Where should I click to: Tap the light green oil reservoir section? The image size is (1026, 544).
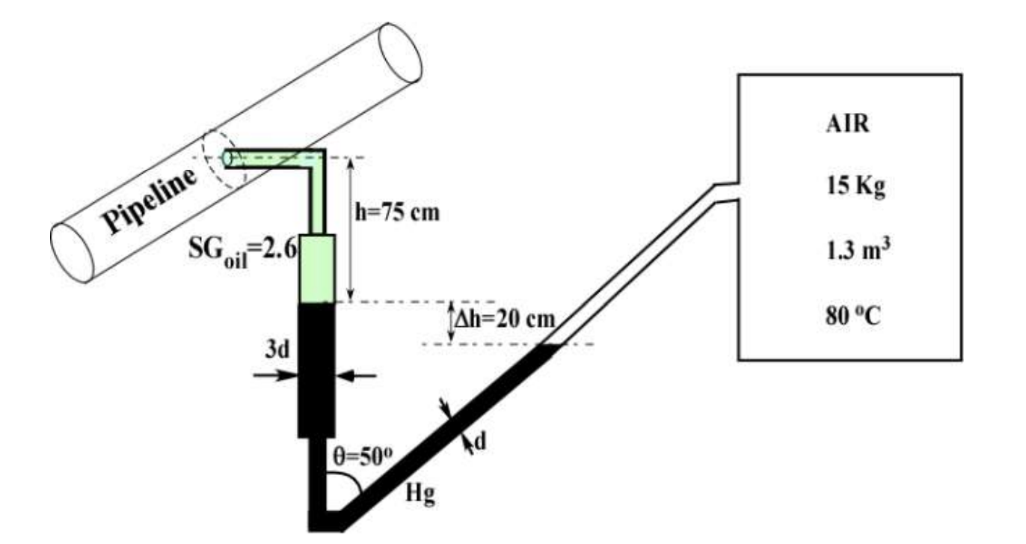(x=319, y=267)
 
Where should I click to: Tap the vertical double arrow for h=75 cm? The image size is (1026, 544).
(x=351, y=228)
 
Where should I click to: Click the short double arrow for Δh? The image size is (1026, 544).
(x=452, y=323)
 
